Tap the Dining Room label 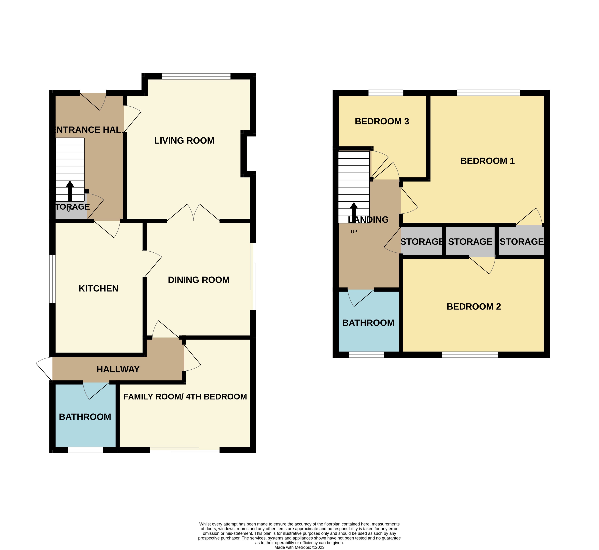pos(199,280)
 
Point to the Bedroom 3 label pos(382,121)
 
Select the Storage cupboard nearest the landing pos(421,242)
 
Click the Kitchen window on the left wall pos(52,279)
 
